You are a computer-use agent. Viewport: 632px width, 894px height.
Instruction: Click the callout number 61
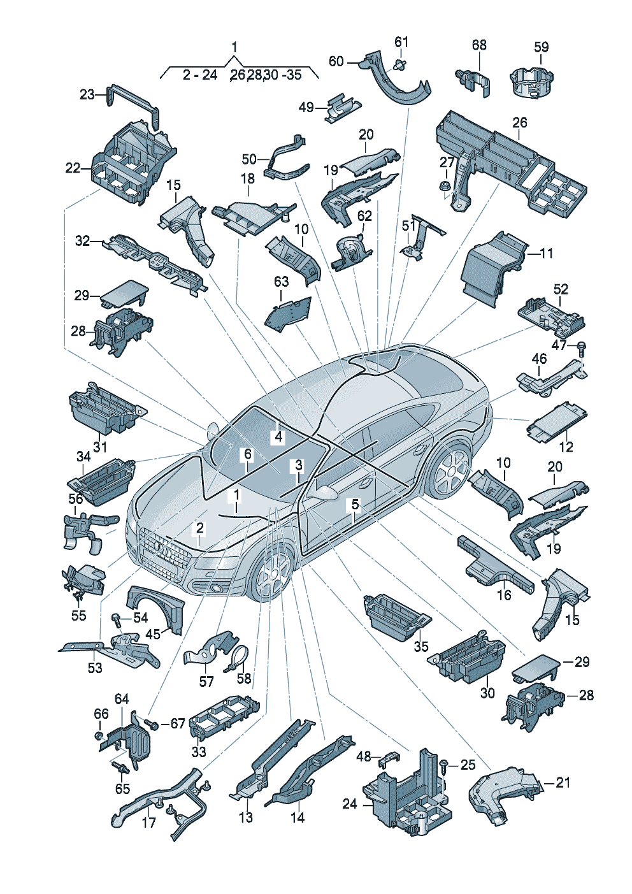point(402,41)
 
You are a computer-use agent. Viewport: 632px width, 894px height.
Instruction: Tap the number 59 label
point(542,47)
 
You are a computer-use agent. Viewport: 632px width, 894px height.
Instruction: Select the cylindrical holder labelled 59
point(532,83)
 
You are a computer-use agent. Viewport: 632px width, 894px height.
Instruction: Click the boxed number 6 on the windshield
point(248,454)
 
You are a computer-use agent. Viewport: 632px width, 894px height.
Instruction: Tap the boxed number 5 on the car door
point(355,505)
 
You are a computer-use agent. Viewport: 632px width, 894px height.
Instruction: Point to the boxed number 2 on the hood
point(200,528)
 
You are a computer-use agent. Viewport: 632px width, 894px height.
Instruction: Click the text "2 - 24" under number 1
point(200,75)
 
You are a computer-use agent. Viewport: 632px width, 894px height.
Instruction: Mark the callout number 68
point(479,45)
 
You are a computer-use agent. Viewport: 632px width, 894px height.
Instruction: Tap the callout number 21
point(563,782)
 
